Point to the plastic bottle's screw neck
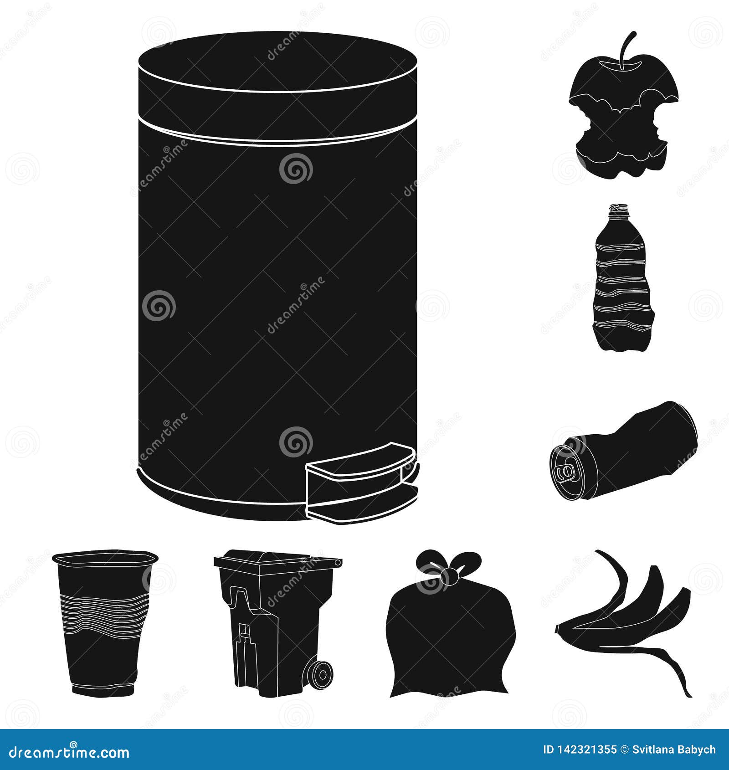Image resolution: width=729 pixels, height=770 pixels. point(619,211)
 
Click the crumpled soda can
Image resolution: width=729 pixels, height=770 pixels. point(624,451)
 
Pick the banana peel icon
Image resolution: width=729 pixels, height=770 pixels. point(629,615)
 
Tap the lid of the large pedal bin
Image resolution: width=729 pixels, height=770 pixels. point(277,64)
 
